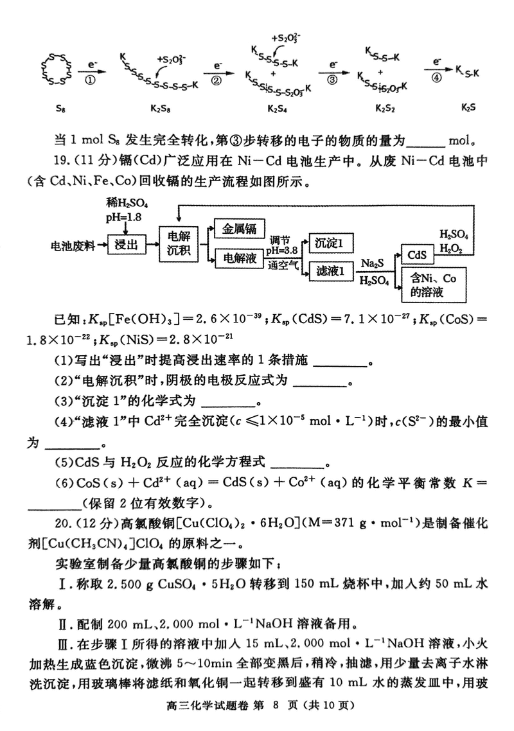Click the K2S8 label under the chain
point(159,109)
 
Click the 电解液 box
point(240,259)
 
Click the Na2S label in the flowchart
point(373,264)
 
